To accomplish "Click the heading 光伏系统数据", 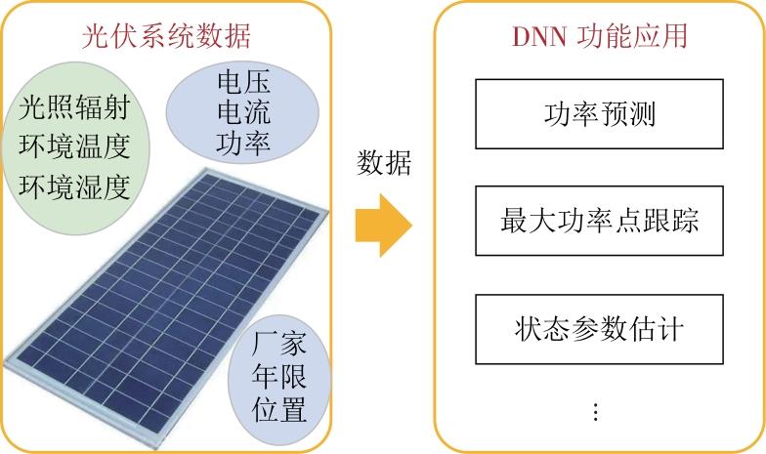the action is [x=166, y=37].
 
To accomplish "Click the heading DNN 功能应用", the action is [x=600, y=36].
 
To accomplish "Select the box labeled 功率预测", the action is [x=599, y=113].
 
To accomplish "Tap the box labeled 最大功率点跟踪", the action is [x=599, y=221].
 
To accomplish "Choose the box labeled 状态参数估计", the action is [x=599, y=329].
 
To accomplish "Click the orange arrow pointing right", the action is [x=383, y=225].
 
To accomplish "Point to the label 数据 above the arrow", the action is [x=384, y=162].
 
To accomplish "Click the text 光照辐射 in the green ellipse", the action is [x=74, y=107].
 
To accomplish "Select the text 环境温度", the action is [x=74, y=146].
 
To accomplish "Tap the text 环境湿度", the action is [x=74, y=186].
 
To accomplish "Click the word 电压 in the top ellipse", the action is [x=244, y=81].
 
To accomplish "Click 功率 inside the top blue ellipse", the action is [x=244, y=143].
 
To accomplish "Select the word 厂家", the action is [x=279, y=344].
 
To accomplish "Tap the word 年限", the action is [x=279, y=376].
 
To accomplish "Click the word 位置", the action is [x=279, y=409].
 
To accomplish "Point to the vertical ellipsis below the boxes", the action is [x=596, y=412].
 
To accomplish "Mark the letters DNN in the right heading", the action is [x=539, y=37].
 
